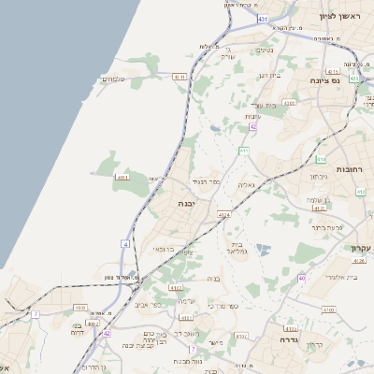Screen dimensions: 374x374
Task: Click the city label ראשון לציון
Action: (x=338, y=16)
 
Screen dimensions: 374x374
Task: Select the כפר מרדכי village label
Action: (x=223, y=306)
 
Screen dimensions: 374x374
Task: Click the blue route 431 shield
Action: (x=263, y=19)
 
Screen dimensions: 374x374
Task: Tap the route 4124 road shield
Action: (x=223, y=215)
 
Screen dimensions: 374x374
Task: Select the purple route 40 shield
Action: (x=301, y=279)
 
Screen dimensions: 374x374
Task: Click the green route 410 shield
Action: (x=321, y=160)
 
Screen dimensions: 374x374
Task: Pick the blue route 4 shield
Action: (x=125, y=244)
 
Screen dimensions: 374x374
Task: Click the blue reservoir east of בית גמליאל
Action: (x=265, y=249)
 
